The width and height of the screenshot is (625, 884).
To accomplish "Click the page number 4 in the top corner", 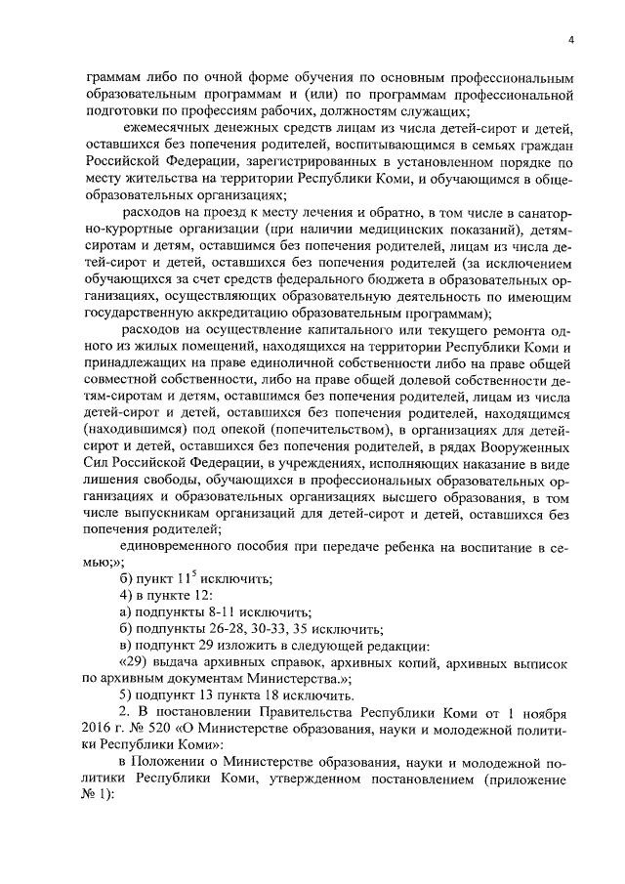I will pos(570,38).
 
